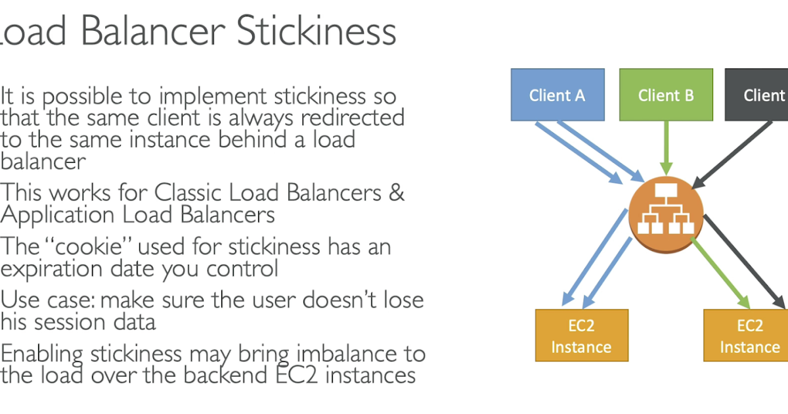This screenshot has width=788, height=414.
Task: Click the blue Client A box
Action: tap(558, 95)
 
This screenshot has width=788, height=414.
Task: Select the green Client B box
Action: tap(666, 95)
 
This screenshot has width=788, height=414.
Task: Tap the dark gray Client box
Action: tap(756, 95)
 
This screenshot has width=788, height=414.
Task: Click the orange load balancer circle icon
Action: tap(666, 214)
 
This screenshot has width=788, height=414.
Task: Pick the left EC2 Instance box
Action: tap(582, 336)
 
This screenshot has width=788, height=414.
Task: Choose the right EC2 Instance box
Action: tap(746, 336)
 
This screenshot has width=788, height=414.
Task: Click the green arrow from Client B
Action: tap(666, 148)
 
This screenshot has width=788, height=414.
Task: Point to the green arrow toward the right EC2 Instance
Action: tap(720, 273)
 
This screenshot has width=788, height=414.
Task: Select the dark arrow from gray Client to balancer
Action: tap(732, 155)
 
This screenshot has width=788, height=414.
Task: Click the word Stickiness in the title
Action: tap(317, 31)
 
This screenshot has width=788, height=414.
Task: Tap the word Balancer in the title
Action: tap(153, 31)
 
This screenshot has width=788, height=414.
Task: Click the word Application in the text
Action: tap(57, 216)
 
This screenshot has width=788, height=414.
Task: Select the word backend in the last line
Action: tap(225, 375)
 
